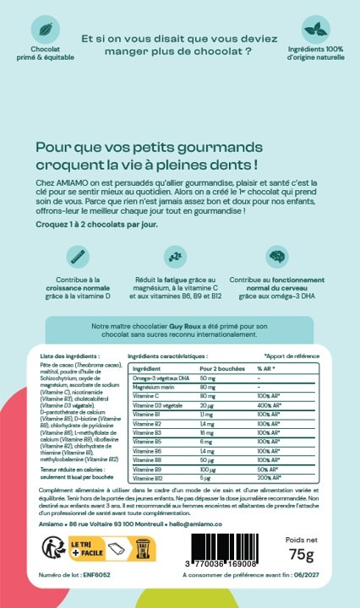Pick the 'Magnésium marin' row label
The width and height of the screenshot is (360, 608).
tap(153, 387)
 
